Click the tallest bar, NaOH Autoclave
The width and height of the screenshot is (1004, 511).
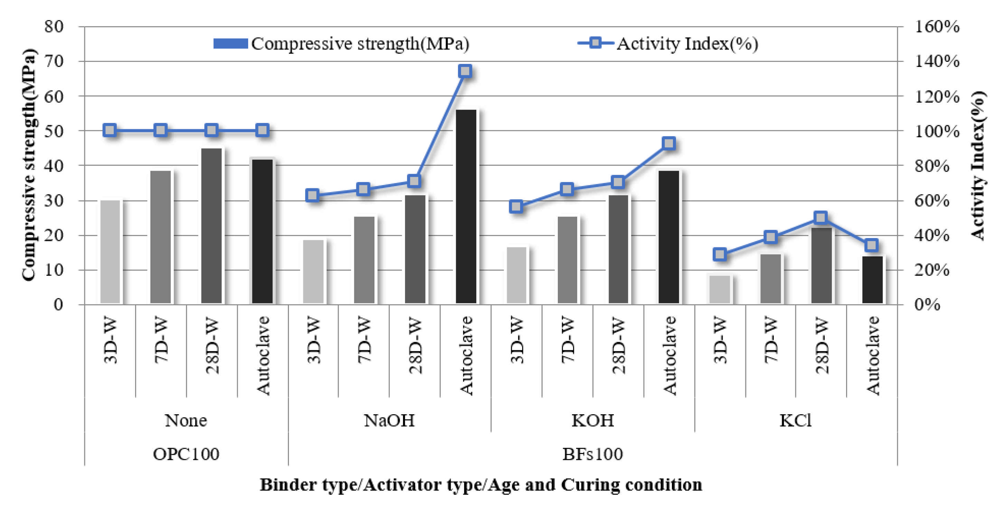466,207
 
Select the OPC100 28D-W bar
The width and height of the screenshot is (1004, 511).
211,226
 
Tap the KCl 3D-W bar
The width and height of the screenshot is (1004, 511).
720,289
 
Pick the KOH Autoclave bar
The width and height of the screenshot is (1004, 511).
669,237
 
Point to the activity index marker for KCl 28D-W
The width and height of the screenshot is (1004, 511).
821,218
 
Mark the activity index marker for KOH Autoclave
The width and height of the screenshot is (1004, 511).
669,143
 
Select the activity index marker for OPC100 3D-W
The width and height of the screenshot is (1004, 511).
110,130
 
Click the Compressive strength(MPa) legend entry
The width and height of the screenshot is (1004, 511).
341,44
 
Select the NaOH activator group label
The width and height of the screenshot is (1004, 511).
389,420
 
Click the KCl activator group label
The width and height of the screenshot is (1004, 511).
796,420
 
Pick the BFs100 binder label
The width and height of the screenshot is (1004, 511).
592,454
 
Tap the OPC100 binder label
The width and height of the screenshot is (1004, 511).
186,454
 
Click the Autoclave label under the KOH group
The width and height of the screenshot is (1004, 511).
669,356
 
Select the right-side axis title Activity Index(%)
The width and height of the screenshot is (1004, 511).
977,165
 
